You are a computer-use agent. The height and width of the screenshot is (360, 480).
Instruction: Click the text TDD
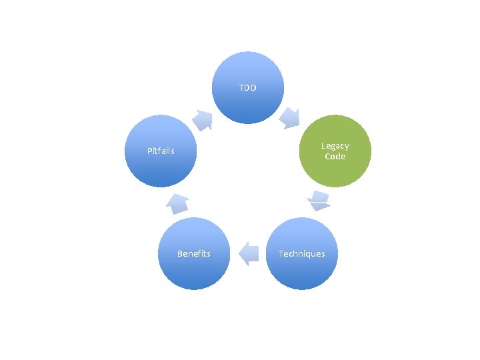tap(248, 88)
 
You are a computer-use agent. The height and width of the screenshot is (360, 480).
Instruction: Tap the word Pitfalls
tap(161, 151)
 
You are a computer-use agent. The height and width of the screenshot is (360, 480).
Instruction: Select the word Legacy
tap(335, 146)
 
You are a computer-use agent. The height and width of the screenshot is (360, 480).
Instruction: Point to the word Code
tap(335, 157)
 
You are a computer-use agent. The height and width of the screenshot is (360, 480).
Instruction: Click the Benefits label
tap(194, 253)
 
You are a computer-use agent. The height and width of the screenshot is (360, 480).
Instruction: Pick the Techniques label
tap(302, 253)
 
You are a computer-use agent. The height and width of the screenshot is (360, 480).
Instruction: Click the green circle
tap(335, 151)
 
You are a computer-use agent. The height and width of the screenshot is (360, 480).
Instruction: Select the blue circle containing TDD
tap(248, 88)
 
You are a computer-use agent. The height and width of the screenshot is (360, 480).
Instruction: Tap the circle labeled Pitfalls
tap(161, 151)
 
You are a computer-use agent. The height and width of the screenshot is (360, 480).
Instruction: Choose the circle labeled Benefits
tap(194, 253)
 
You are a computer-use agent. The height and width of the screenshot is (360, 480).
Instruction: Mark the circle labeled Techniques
tap(302, 253)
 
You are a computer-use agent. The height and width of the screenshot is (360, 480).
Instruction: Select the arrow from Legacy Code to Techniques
tap(319, 201)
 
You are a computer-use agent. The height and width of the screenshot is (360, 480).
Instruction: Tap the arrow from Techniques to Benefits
tap(249, 253)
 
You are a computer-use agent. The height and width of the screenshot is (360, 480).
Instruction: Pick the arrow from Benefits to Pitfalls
tap(177, 202)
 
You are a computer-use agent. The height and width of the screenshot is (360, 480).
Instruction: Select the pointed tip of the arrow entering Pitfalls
tap(172, 195)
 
